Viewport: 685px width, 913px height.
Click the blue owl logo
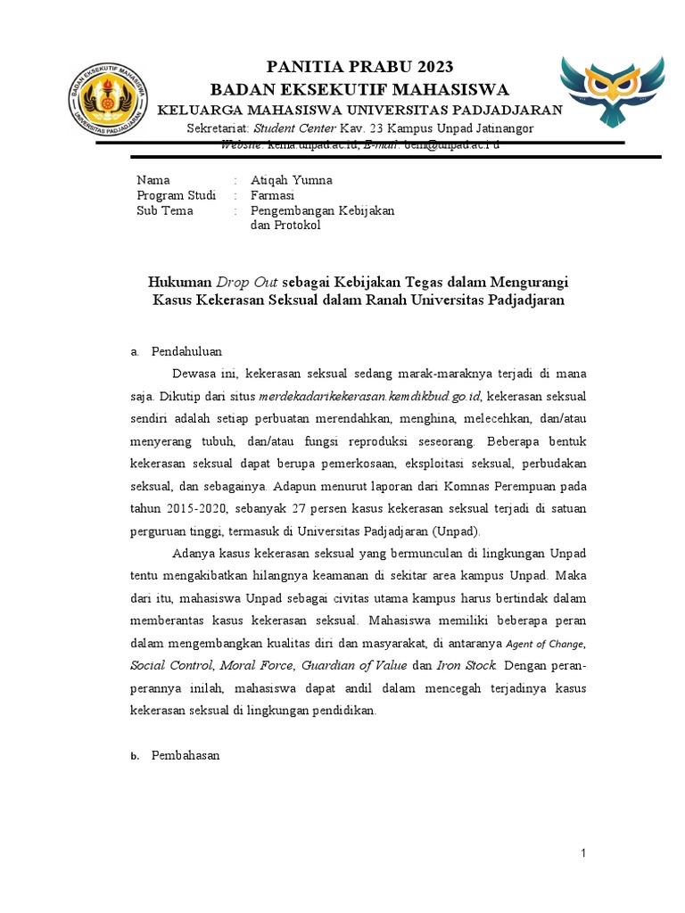pyautogui.click(x=612, y=93)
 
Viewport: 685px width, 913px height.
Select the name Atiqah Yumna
pyautogui.click(x=292, y=180)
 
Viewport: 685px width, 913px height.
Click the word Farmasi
pyautogui.click(x=273, y=195)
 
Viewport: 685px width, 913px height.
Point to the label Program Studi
pyautogui.click(x=176, y=195)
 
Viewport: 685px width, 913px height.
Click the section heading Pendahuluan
pyautogui.click(x=186, y=351)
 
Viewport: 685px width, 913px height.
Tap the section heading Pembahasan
pyautogui.click(x=186, y=755)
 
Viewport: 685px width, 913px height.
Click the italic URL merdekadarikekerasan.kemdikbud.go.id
pyautogui.click(x=370, y=396)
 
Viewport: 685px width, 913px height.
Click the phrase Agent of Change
pyautogui.click(x=546, y=643)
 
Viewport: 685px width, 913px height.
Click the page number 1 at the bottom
pyautogui.click(x=583, y=854)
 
